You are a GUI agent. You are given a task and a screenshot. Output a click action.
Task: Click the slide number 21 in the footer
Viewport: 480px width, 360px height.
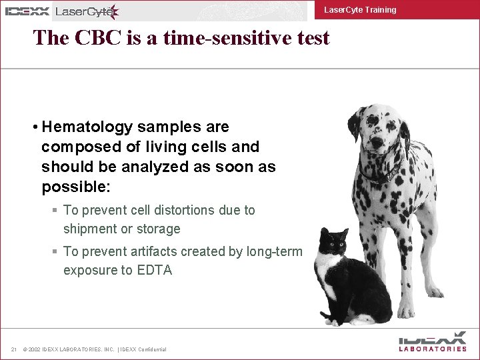(13, 349)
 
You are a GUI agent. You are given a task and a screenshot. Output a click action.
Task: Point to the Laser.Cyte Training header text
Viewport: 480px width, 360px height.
(359, 10)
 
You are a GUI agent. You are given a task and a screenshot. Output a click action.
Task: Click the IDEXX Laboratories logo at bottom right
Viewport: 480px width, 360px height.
(433, 341)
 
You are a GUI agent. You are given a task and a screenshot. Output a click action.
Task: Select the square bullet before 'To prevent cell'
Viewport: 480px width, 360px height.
(55, 211)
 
